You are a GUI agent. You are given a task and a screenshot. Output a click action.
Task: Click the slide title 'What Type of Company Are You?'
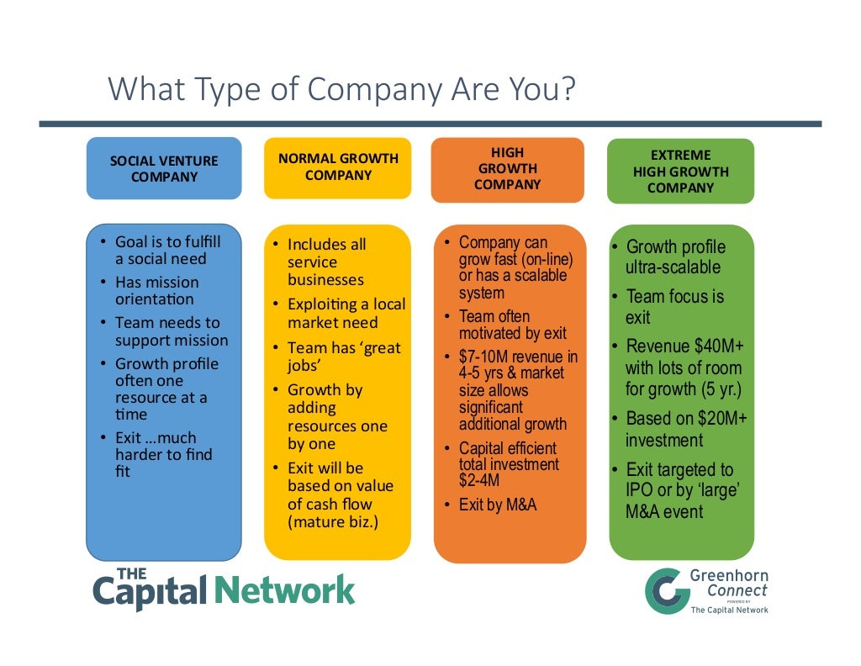342,89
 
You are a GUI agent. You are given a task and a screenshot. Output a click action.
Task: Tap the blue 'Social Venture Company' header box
164,168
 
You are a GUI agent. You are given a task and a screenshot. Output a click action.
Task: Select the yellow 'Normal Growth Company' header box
338,166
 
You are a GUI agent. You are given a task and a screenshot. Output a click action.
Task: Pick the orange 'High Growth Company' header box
507,169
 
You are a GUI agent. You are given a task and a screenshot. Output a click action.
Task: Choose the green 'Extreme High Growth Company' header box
680,172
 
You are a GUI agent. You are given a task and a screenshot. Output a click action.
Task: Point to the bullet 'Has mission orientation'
157,290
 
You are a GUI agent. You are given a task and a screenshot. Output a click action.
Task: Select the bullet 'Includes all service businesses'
326,262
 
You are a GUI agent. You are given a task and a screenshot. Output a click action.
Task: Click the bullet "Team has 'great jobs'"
343,357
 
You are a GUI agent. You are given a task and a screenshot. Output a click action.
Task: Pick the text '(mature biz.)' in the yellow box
333,522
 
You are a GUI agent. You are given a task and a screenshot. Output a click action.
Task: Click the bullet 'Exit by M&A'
497,505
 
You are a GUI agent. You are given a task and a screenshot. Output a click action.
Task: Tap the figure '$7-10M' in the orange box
484,357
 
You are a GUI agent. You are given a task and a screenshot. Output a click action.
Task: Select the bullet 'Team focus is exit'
673,307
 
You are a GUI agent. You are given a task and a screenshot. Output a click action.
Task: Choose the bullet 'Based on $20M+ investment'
685,429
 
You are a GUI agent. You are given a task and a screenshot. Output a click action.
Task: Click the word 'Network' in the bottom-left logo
285,590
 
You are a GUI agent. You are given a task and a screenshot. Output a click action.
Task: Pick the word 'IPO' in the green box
641,490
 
